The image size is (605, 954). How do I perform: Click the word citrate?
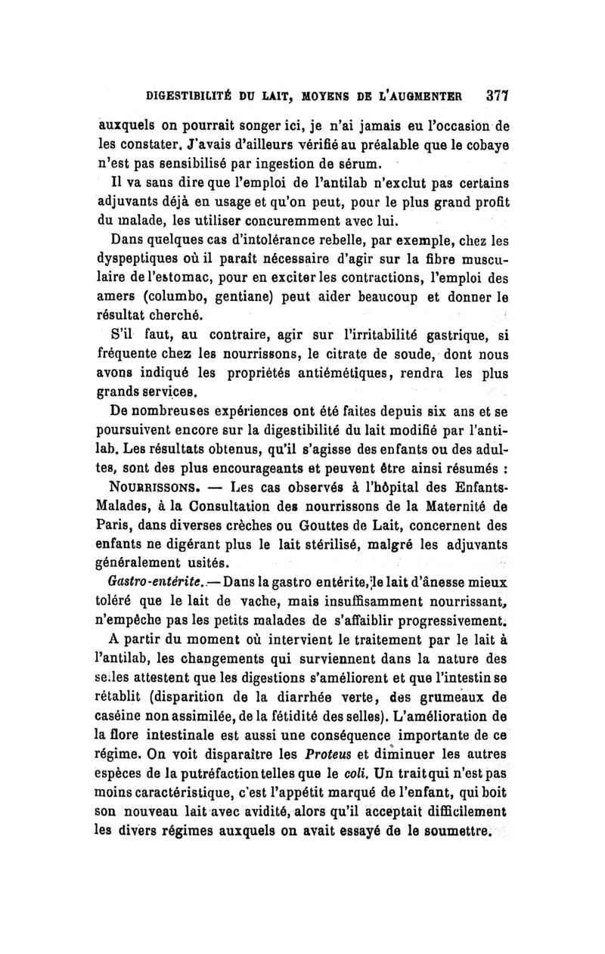pos(337,355)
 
